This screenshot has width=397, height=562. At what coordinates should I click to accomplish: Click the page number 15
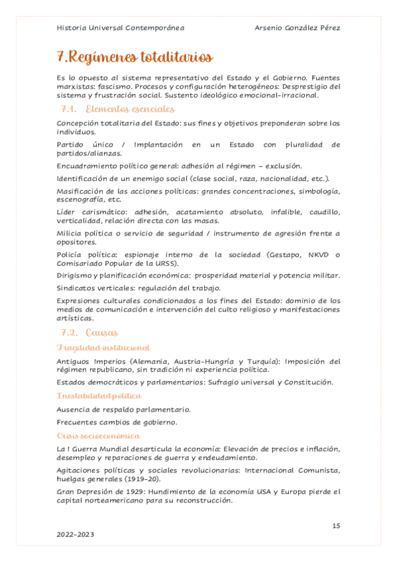tap(336, 526)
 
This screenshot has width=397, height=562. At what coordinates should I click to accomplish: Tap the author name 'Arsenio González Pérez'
tap(298, 28)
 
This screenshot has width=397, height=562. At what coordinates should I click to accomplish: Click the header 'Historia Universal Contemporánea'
tap(121, 28)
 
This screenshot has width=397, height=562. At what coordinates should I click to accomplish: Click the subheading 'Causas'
tap(101, 332)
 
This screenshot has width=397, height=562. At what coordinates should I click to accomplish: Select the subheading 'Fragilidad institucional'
tap(103, 348)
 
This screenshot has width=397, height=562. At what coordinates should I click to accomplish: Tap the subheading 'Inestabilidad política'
tap(99, 396)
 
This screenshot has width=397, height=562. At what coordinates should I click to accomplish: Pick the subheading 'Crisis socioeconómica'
tap(98, 435)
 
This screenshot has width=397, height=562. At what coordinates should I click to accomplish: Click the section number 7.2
tap(70, 332)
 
